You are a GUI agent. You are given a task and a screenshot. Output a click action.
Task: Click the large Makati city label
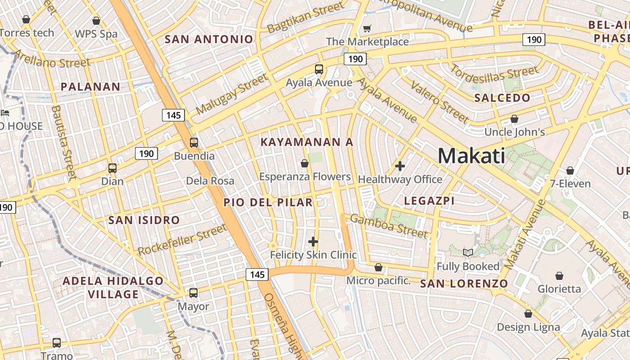tap(471, 156)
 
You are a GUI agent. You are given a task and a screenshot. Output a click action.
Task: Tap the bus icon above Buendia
tap(193, 143)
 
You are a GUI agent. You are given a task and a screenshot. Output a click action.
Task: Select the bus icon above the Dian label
tap(112, 168)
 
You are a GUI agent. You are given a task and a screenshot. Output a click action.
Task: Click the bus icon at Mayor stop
tap(193, 293)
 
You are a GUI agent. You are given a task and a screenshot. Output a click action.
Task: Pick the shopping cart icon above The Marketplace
tap(367, 29)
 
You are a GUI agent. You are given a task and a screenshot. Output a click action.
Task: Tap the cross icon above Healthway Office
tap(400, 166)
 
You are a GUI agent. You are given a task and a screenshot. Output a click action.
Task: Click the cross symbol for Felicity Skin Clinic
tap(313, 242)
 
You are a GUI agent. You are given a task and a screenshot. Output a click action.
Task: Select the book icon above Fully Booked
tap(468, 253)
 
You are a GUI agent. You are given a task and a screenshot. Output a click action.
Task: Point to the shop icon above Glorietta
tap(559, 275)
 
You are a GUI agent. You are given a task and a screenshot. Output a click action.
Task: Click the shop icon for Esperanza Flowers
tap(305, 163)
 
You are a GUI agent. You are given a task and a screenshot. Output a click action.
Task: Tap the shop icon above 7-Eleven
tap(570, 171)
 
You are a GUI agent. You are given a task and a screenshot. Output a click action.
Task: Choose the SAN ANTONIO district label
tap(209, 39)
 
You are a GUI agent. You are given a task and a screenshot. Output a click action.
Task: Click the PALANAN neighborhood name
tap(90, 87)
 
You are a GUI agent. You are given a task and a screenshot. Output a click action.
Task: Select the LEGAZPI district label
tap(429, 201)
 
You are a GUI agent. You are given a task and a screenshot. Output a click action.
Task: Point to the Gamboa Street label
tap(389, 226)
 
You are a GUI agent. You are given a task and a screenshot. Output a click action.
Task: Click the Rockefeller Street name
tap(182, 239)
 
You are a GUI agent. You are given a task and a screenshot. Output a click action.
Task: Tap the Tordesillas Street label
tap(494, 73)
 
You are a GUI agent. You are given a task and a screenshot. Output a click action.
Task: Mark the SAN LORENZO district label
tap(464, 284)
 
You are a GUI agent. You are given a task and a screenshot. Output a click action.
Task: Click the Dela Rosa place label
tap(210, 181)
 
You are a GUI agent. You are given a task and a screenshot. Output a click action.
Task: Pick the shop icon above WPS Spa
tap(96, 21)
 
